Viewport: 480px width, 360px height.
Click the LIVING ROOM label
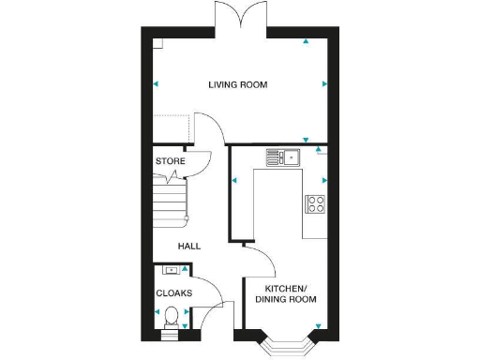238,85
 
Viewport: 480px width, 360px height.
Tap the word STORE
170,161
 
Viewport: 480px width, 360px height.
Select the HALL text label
189,246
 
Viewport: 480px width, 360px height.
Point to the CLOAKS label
173,293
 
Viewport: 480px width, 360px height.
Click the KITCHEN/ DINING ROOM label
290,293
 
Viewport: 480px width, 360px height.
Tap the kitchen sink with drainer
281,157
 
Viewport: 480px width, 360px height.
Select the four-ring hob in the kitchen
315,203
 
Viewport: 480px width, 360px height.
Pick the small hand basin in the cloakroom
170,271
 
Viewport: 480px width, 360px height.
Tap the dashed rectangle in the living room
172,129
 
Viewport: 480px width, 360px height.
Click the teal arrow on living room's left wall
156,84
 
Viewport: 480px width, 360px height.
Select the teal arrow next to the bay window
319,327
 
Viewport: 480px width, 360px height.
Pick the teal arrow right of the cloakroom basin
185,269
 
